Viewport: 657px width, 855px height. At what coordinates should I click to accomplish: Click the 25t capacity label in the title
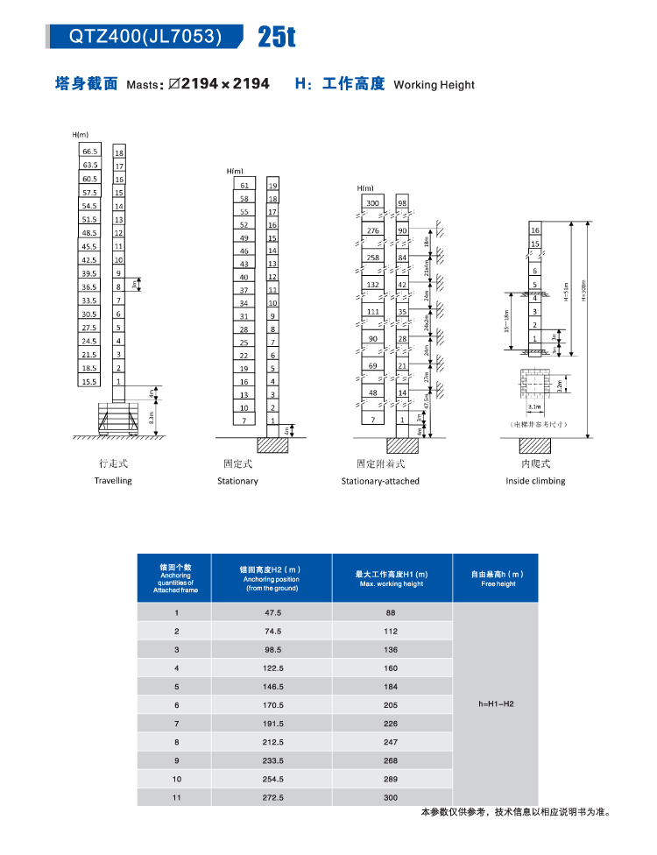click(x=277, y=37)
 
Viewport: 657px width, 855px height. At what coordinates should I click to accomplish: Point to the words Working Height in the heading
click(x=434, y=85)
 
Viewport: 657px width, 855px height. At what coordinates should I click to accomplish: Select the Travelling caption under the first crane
click(x=113, y=481)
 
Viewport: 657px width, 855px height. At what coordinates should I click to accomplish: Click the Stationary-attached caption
click(x=380, y=481)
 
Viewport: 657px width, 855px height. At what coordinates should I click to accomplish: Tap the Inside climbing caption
click(x=535, y=481)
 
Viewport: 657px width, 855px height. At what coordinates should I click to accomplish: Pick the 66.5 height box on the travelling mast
click(x=90, y=152)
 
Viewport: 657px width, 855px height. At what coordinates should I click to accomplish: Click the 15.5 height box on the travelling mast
click(x=90, y=382)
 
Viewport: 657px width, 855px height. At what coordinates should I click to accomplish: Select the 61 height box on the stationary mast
click(x=244, y=186)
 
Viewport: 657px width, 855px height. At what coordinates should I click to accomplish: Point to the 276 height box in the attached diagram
click(x=373, y=230)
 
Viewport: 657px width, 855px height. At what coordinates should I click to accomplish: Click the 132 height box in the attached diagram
click(x=373, y=285)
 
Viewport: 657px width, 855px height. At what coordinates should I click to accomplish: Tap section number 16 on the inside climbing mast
click(x=535, y=229)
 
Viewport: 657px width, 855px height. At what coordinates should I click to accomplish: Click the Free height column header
click(x=495, y=578)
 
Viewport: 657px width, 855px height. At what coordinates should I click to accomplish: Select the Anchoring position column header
click(x=271, y=578)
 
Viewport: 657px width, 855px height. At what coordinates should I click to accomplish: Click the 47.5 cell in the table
click(x=272, y=613)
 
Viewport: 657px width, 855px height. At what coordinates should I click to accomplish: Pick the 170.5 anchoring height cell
click(x=272, y=705)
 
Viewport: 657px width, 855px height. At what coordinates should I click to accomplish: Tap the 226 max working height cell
click(x=391, y=724)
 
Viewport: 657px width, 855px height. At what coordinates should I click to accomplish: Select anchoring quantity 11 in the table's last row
click(x=176, y=797)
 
